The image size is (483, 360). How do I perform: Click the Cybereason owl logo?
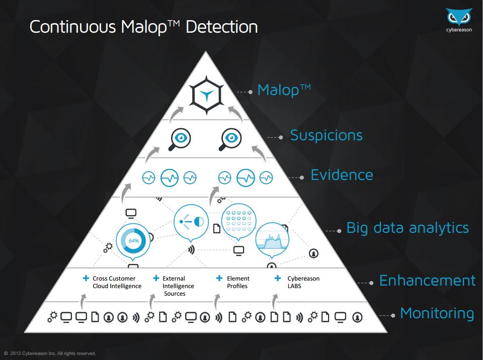(459, 17)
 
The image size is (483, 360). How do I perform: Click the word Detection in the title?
(222, 27)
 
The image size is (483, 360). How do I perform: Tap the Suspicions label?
(327, 135)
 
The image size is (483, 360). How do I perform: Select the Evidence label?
(342, 175)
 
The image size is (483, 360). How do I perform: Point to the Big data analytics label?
(408, 228)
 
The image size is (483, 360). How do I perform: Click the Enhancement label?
(427, 281)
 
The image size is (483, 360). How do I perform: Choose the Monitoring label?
(437, 314)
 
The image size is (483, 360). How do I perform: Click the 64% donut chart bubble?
(133, 242)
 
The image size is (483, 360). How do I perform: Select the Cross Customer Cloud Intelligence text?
(117, 282)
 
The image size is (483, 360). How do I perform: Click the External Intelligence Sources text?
(178, 286)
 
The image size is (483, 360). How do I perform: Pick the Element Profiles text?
(238, 282)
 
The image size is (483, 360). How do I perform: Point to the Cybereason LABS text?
(303, 282)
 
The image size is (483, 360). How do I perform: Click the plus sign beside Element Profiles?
(219, 278)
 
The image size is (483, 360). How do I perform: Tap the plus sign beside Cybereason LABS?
(278, 278)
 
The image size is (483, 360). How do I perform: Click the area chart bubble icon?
(272, 240)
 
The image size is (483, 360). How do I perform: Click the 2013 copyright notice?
(50, 353)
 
